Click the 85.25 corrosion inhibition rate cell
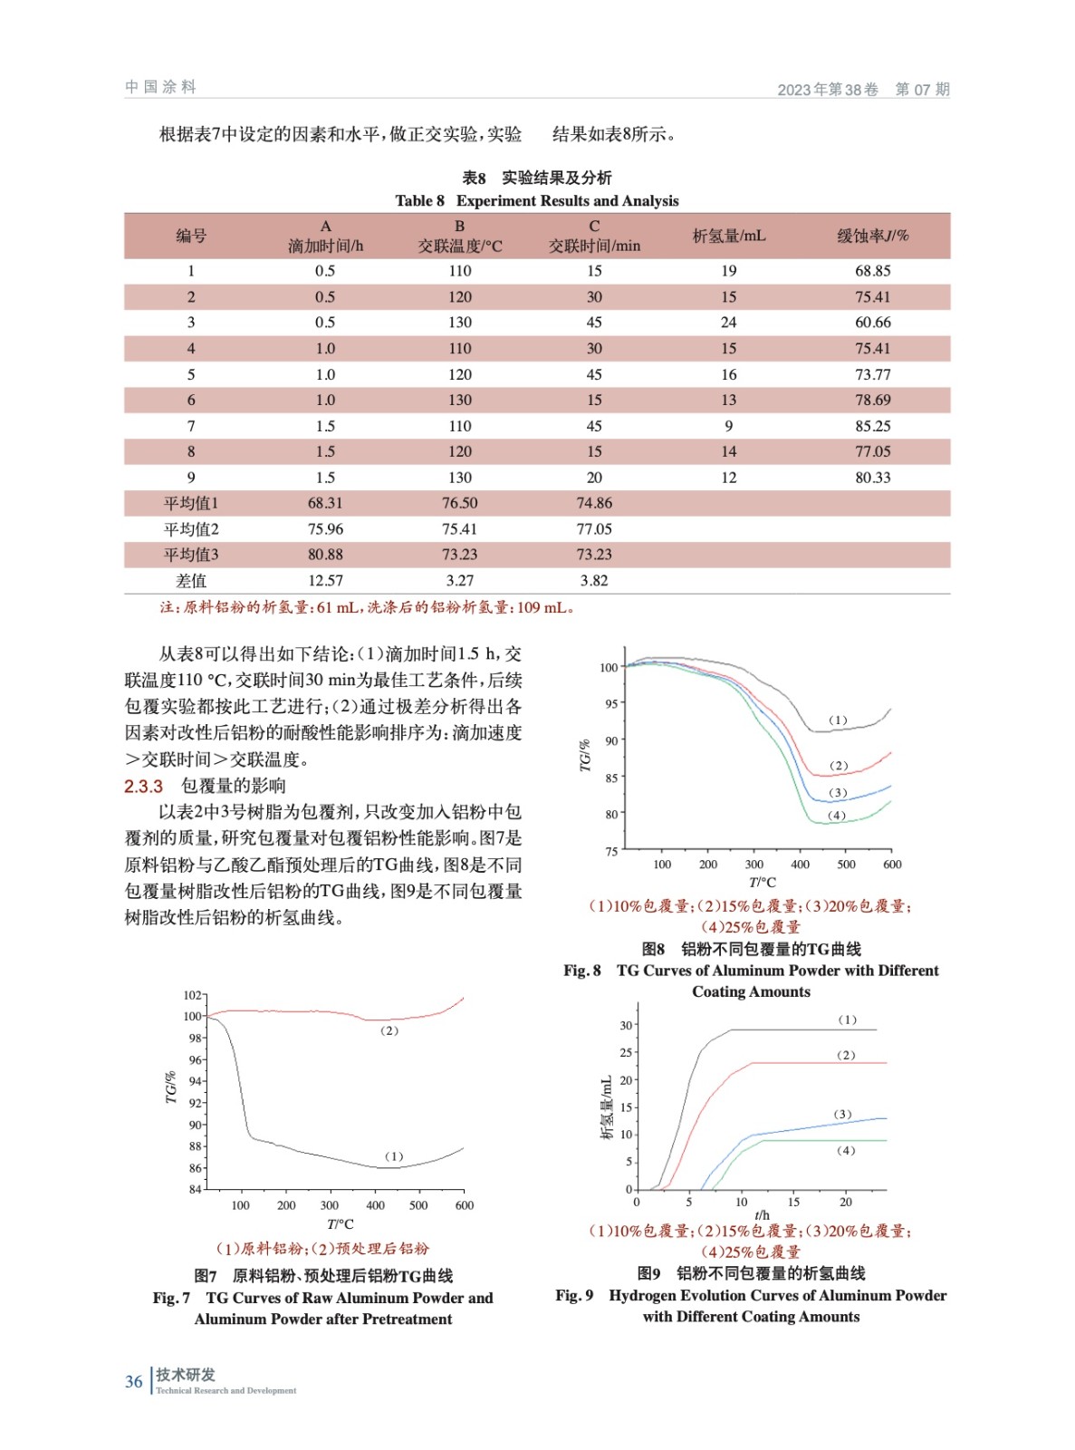point(872,426)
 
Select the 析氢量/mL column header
point(728,236)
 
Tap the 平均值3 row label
point(190,555)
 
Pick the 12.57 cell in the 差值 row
point(325,581)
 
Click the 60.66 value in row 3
point(872,323)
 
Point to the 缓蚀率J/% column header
point(872,236)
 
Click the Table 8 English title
point(536,200)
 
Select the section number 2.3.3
point(143,786)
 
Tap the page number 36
point(133,1382)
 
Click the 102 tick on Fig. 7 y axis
point(192,995)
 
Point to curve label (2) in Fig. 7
point(389,1030)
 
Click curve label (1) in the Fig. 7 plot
point(394,1156)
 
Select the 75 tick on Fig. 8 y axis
point(611,851)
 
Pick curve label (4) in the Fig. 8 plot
point(837,816)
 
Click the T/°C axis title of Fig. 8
point(762,883)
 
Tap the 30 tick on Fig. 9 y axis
point(625,1026)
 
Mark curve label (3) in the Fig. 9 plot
point(842,1114)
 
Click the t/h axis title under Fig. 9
point(762,1215)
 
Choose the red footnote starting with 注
point(367,607)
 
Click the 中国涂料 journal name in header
point(160,87)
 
